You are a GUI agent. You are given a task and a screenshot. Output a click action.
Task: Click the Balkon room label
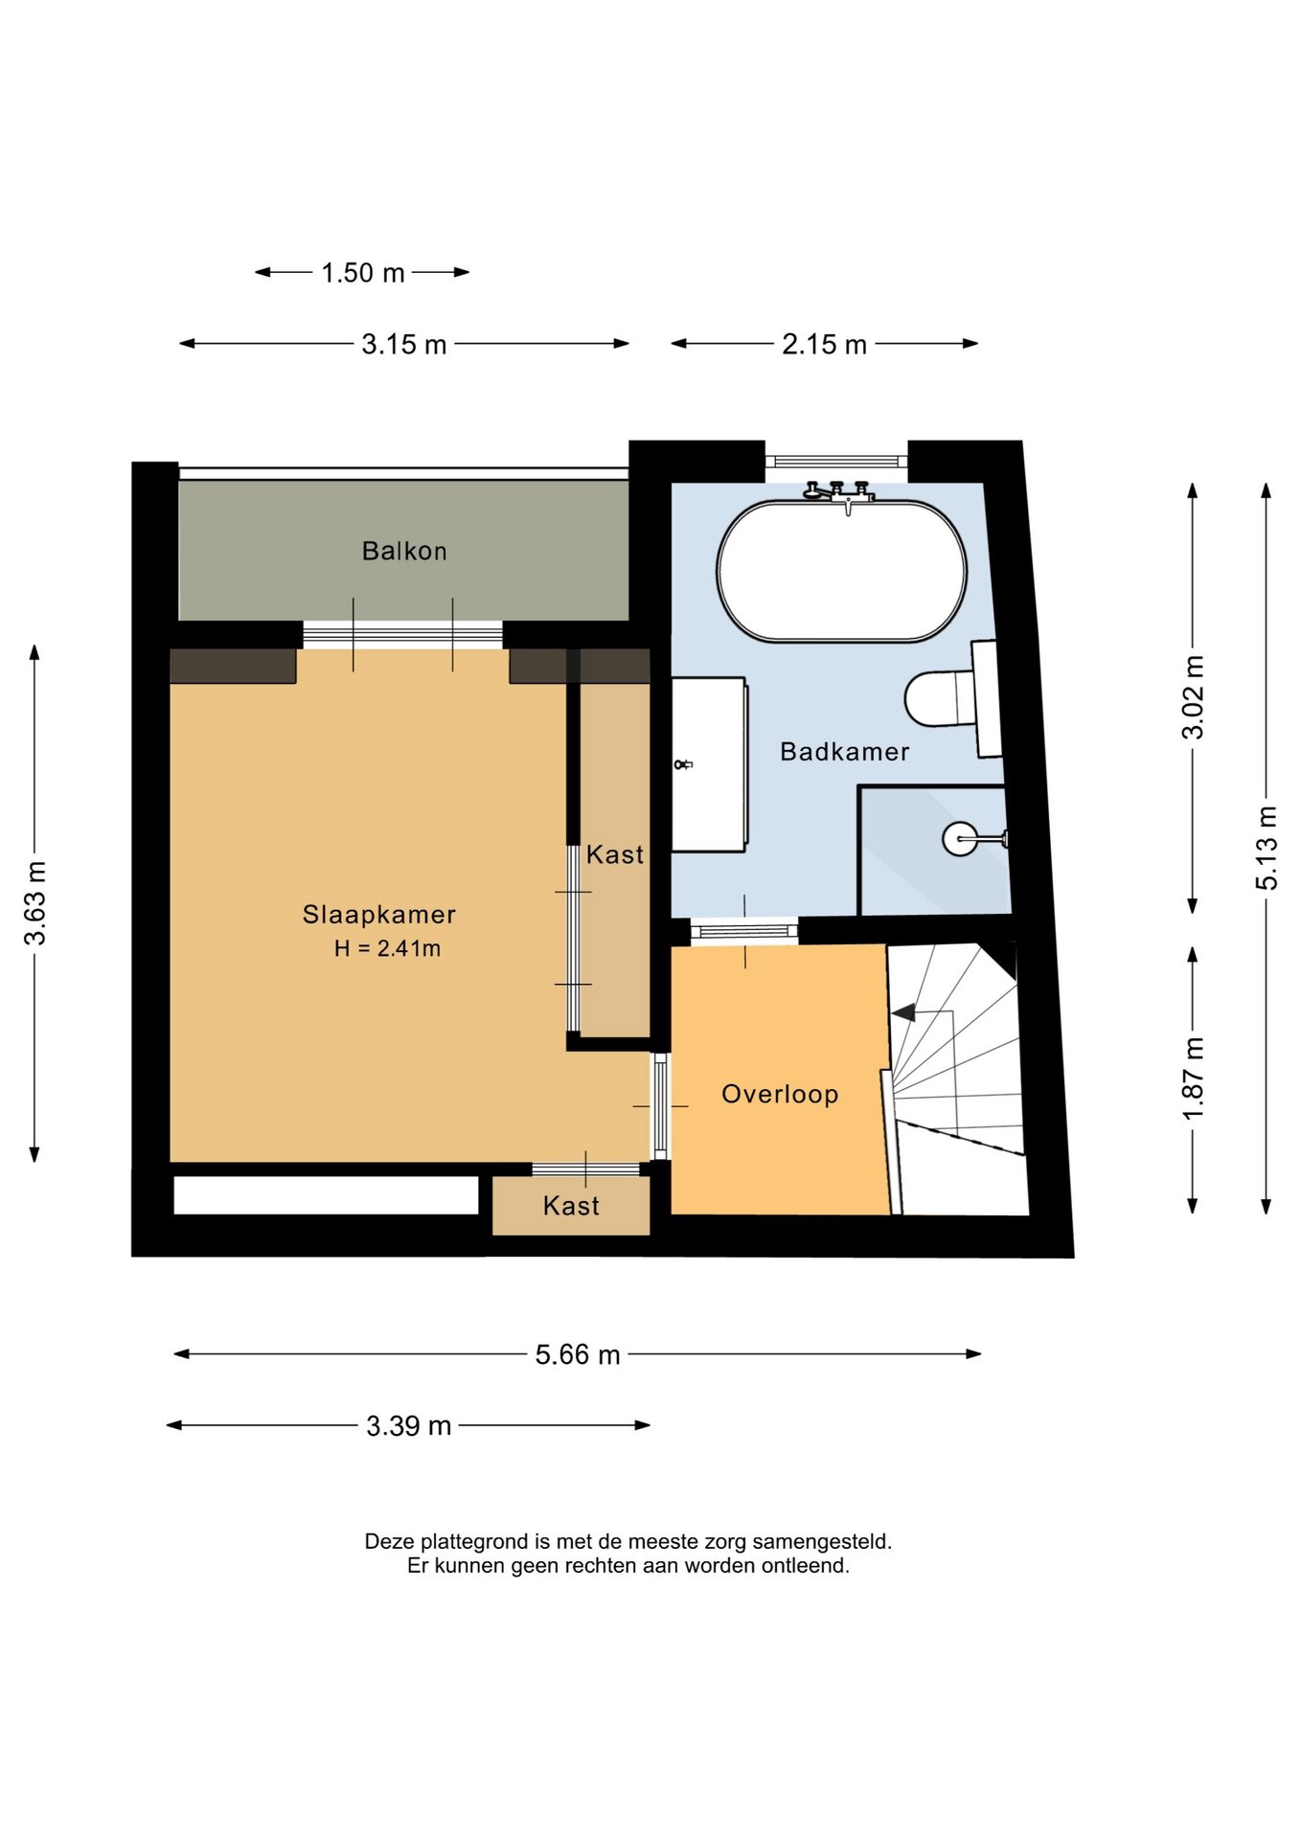pos(404,551)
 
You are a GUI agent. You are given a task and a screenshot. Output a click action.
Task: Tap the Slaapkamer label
pos(379,915)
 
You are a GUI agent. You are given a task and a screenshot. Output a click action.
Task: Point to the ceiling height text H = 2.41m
pos(387,948)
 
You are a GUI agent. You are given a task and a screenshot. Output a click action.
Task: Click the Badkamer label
pos(845,752)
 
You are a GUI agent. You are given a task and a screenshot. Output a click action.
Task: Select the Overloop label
pos(780,1094)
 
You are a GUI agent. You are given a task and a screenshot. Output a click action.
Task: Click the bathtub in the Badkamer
pos(842,571)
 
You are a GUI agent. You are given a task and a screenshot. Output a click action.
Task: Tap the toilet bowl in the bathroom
pos(940,698)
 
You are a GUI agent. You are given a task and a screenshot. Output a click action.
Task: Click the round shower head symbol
pos(960,839)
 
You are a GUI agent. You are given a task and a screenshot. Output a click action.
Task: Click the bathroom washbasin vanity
pos(709,764)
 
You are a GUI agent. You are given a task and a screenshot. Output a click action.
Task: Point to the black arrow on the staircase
pos(902,1011)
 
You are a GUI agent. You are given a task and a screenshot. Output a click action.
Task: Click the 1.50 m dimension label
pos(363,273)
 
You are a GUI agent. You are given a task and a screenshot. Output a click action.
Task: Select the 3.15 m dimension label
pos(404,344)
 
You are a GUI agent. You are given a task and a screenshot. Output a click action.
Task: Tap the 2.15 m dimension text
pos(824,344)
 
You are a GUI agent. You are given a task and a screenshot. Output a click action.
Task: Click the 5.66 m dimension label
pos(578,1354)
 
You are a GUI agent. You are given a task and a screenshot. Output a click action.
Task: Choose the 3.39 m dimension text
pos(408,1426)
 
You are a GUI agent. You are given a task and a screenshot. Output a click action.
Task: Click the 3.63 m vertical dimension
pos(35,903)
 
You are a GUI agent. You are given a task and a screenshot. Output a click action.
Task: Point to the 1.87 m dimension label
pos(1193,1078)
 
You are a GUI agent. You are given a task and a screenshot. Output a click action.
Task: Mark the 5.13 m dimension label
pos(1267,848)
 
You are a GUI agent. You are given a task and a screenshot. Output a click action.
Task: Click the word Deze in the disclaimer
pos(388,1541)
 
